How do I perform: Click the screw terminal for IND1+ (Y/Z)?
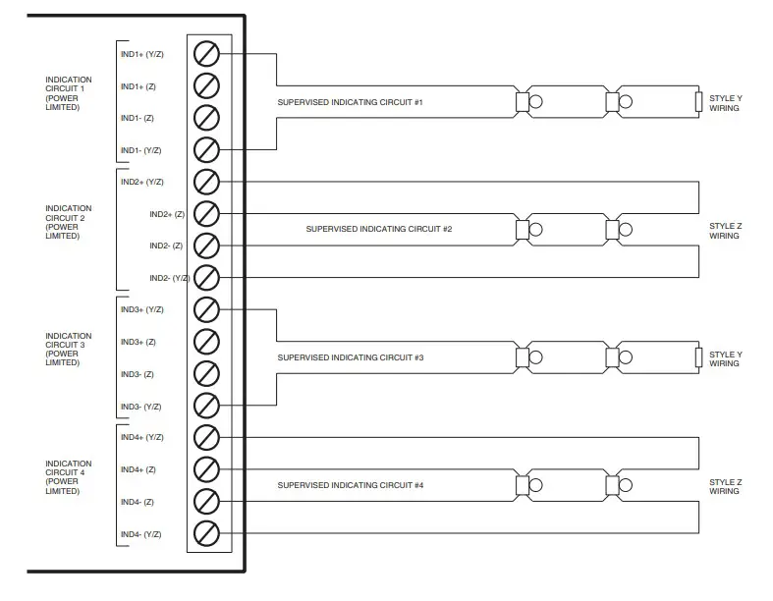click(x=206, y=53)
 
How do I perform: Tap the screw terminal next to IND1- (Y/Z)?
click(x=206, y=149)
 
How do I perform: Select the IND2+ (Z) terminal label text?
click(x=166, y=214)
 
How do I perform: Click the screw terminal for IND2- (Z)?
click(x=206, y=246)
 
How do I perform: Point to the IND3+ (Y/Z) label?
click(x=141, y=310)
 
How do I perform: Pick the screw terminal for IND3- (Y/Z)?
click(x=206, y=406)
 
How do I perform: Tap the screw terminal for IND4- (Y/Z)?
click(x=206, y=533)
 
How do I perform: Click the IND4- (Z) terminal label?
click(x=138, y=502)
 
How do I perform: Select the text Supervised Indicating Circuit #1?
click(x=350, y=102)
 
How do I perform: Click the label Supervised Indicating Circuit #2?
click(x=378, y=229)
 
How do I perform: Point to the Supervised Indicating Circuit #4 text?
click(x=350, y=485)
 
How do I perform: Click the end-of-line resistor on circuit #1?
click(x=698, y=101)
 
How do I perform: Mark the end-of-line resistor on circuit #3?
click(x=698, y=357)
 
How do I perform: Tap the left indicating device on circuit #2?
click(x=528, y=230)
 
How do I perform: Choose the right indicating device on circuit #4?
click(x=619, y=485)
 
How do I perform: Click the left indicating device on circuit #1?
click(x=528, y=101)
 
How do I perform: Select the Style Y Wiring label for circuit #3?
click(x=724, y=358)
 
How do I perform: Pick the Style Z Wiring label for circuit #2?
click(x=724, y=231)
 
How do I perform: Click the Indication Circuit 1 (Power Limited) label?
click(x=69, y=93)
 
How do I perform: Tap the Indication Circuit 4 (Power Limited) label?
click(x=69, y=477)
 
